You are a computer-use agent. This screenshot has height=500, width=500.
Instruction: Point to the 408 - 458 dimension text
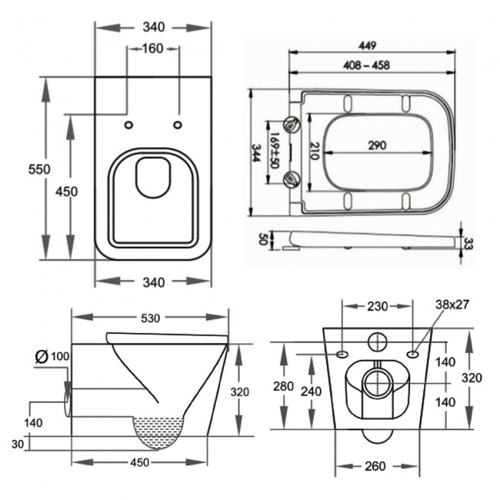point(368,65)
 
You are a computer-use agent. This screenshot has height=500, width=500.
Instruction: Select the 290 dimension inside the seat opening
point(375,145)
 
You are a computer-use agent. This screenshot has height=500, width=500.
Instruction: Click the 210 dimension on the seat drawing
point(314,151)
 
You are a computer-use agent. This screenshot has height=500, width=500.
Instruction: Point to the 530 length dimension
point(150,318)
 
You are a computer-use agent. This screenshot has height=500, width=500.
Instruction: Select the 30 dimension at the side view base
point(18,443)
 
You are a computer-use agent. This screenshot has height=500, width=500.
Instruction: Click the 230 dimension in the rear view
point(377,305)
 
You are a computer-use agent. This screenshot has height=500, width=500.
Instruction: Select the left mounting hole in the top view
point(128,125)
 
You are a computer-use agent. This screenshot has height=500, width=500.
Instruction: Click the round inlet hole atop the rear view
point(377,341)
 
